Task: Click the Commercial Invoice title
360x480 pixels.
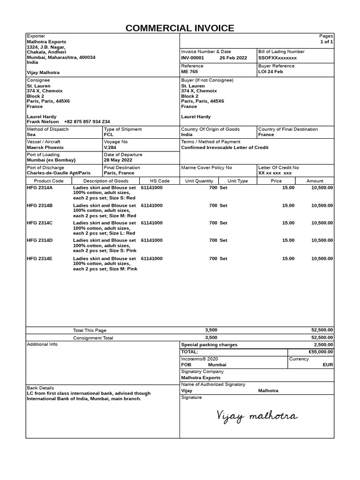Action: tap(180, 28)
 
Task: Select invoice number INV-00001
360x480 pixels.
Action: tap(193, 58)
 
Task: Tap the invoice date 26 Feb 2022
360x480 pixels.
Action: tap(233, 58)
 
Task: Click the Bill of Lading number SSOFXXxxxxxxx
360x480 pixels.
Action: tap(277, 58)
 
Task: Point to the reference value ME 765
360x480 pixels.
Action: tap(189, 72)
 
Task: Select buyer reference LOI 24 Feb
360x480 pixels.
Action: tap(270, 72)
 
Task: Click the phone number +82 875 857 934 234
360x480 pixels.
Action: tap(87, 121)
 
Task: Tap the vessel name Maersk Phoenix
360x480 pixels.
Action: tap(45, 147)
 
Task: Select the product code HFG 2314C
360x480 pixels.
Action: tap(40, 223)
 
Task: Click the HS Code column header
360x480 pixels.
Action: tap(160, 181)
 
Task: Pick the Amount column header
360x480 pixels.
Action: tap(315, 181)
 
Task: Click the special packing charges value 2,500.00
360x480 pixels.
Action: tap(323, 345)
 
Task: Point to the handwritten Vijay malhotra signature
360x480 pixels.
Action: tap(256, 416)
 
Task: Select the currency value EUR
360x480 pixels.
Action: tap(328, 364)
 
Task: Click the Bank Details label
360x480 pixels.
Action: tap(40, 388)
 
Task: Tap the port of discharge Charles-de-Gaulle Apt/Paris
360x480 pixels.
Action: tap(59, 173)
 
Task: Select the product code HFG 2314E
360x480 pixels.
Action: tap(40, 258)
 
